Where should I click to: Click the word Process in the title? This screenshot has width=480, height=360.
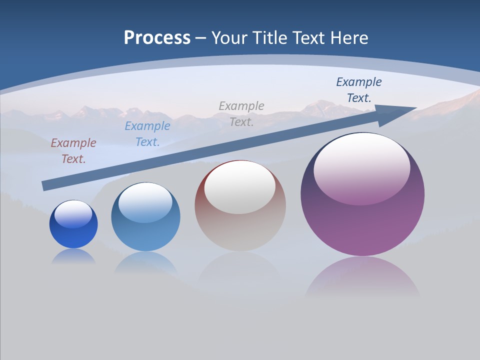[x=157, y=38]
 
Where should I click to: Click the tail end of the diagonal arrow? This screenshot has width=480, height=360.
[x=45, y=185]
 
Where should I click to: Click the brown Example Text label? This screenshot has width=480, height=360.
[x=73, y=151]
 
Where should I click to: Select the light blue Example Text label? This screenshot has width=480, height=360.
[x=147, y=134]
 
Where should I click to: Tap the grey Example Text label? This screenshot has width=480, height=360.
[x=241, y=113]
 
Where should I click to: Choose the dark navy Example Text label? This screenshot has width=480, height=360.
[x=358, y=90]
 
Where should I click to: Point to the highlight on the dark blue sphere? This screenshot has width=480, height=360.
[x=73, y=214]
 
